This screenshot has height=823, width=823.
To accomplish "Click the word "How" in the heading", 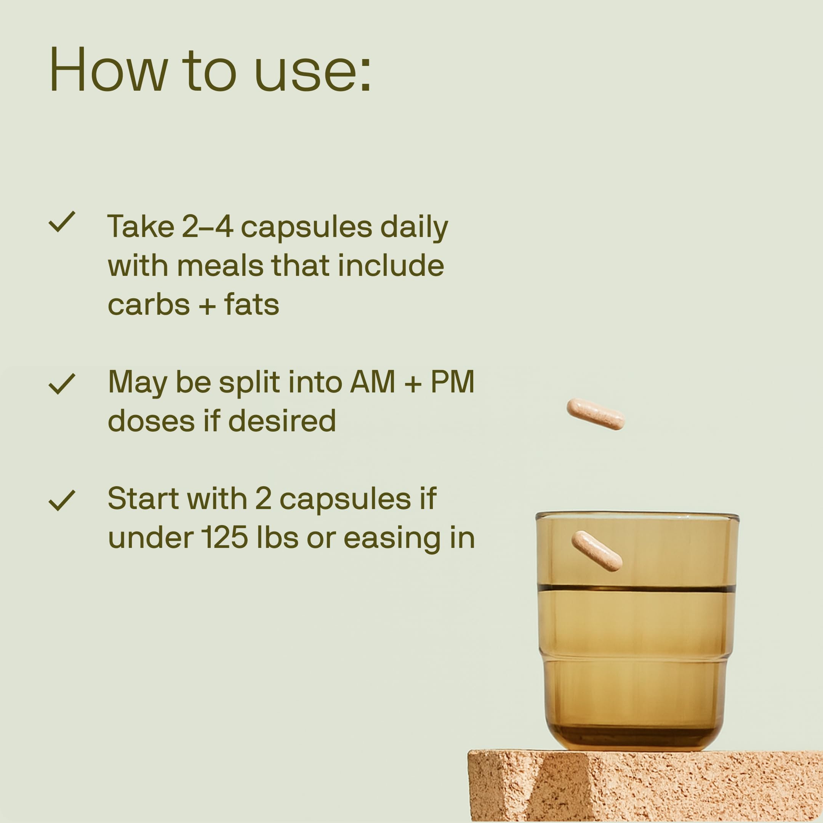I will pyautogui.click(x=109, y=69).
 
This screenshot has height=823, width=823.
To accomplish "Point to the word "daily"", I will pyautogui.click(x=414, y=227).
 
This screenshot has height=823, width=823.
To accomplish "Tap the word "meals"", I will pyautogui.click(x=220, y=266).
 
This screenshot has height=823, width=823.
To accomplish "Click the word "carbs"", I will pyautogui.click(x=149, y=305).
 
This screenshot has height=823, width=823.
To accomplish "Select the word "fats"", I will pyautogui.click(x=251, y=305).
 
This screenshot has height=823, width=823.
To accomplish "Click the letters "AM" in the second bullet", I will pyautogui.click(x=372, y=382).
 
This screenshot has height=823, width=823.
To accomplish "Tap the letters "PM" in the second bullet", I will pyautogui.click(x=452, y=382).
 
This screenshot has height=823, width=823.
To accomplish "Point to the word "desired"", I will pyautogui.click(x=282, y=421).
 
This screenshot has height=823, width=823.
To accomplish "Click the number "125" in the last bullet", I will pyautogui.click(x=224, y=538).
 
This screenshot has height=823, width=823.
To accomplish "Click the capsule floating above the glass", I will pyautogui.click(x=596, y=414).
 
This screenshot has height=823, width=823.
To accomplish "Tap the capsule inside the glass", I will pyautogui.click(x=596, y=551).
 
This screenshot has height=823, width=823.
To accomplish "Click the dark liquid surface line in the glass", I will pyautogui.click(x=636, y=588).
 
